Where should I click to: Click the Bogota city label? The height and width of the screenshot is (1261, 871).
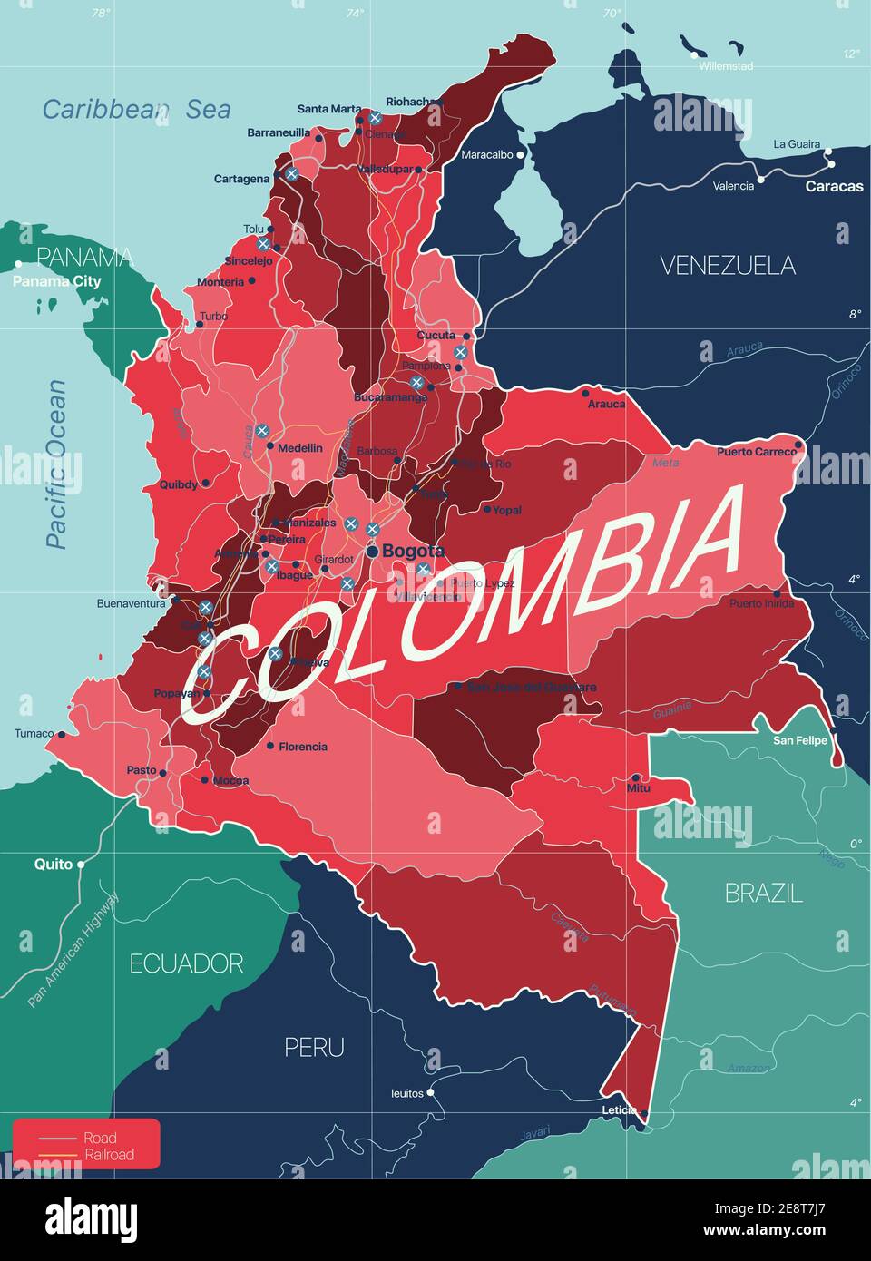[413, 551]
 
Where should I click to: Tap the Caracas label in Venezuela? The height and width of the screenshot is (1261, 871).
[834, 186]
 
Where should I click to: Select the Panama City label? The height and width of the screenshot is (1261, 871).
[56, 281]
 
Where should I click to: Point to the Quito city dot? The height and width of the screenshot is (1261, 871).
[81, 865]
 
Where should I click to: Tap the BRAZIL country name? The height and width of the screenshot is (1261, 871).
[763, 894]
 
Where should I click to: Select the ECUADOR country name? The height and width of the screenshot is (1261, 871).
[186, 963]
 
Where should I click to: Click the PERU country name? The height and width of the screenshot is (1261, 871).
[314, 1048]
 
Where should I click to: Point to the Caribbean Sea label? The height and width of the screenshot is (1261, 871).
[136, 110]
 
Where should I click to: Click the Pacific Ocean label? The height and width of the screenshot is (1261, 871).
[56, 464]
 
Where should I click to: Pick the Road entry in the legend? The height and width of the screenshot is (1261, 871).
[100, 1138]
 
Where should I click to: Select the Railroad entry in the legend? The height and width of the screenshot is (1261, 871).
[109, 1155]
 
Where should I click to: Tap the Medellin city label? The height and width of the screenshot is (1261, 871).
[300, 447]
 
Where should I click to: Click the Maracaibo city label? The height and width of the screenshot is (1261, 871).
[486, 155]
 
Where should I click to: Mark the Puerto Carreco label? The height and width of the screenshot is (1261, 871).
[756, 451]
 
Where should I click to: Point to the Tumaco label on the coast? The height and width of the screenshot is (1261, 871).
[34, 734]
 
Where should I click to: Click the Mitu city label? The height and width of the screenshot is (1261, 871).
[639, 788]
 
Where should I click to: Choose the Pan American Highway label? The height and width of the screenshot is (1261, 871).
[73, 950]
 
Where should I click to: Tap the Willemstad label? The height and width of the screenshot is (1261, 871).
[725, 66]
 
